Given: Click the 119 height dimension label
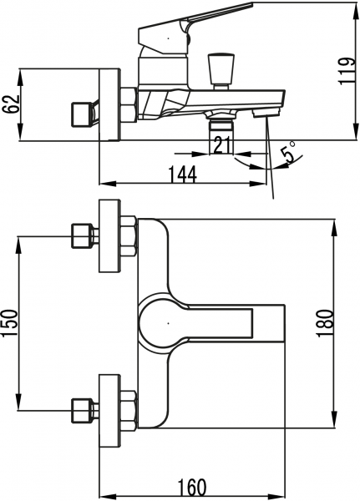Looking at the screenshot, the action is (347, 71).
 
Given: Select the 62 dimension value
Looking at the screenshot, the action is (11, 104).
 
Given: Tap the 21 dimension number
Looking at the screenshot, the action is (222, 145).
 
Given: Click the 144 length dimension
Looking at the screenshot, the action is (183, 175).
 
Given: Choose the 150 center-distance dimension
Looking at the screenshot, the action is (10, 323).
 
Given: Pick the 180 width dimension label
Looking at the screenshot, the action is (325, 323).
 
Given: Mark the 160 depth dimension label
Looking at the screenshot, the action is (191, 488).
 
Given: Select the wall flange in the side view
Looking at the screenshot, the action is (110, 104).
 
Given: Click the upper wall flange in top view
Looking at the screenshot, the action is (110, 235).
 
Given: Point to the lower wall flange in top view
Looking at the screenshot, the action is (110, 411).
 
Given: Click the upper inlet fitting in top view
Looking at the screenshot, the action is (84, 236).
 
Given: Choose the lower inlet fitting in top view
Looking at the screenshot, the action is (84, 411).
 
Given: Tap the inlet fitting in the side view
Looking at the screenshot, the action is (84, 114).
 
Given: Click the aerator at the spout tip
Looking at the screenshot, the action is (266, 113).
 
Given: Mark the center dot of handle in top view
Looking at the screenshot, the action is (168, 323).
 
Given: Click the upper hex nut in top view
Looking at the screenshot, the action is (129, 236).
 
